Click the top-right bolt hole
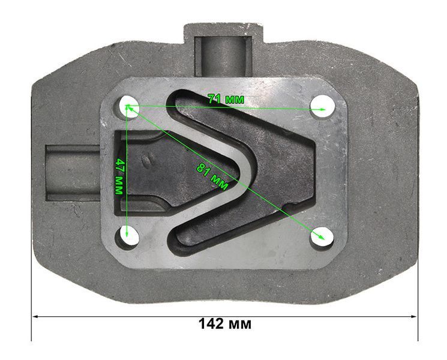point(322,107)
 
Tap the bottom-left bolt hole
point(127,235)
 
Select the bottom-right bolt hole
point(322,236)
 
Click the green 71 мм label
point(226,99)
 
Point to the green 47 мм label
point(119,176)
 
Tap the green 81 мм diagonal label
point(212,177)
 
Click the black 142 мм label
point(225,324)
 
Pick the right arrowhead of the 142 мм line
point(413,316)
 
